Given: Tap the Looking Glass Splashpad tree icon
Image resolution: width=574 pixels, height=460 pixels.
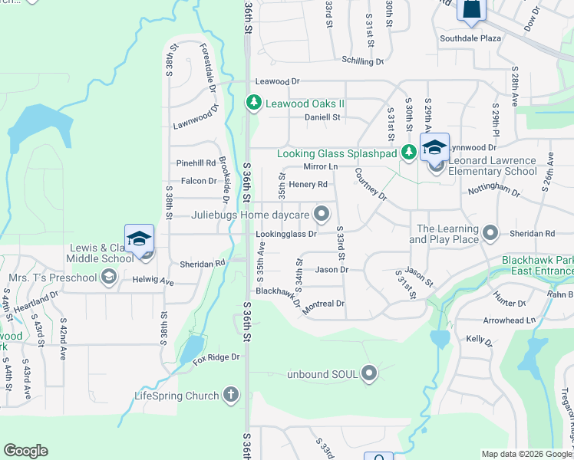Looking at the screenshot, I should (409, 153).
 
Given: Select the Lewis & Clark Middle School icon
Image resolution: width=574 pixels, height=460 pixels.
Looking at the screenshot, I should (140, 241).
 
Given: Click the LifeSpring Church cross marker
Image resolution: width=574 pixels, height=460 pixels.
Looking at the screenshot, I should (229, 396).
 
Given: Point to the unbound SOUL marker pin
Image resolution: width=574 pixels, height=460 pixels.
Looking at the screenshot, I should (370, 373).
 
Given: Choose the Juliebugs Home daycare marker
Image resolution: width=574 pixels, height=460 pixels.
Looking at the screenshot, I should (323, 214).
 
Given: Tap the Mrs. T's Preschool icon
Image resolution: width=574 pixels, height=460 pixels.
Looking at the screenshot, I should (109, 277).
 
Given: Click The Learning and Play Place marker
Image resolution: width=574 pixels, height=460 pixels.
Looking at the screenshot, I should (492, 232).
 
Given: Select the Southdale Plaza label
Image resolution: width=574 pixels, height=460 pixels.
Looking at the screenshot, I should (470, 38).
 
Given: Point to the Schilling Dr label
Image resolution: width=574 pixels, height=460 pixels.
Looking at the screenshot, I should (363, 61).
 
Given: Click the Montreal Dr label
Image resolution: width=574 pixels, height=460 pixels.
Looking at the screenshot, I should (324, 304).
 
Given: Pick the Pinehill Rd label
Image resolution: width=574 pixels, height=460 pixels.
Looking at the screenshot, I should (196, 163).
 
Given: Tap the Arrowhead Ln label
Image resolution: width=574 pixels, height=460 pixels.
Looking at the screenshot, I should (509, 320).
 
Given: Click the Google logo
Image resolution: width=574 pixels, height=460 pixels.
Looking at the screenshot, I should (25, 451).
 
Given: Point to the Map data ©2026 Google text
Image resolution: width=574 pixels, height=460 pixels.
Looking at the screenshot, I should (526, 454).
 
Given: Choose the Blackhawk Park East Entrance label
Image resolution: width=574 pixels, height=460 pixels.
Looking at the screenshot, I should (537, 266).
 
